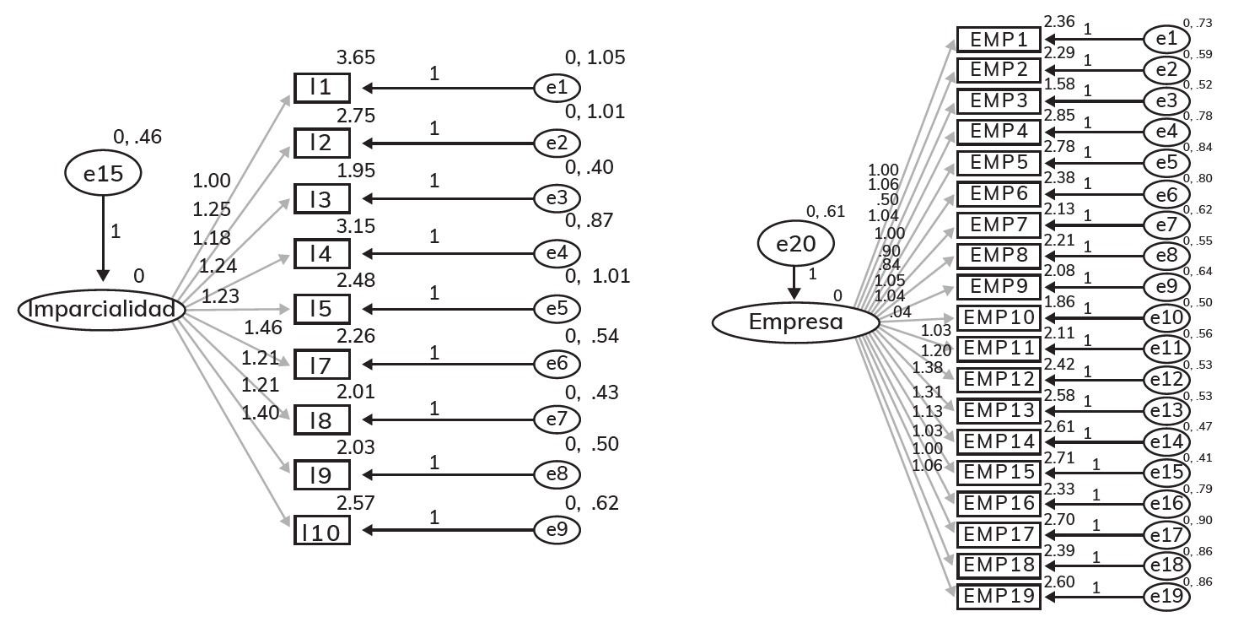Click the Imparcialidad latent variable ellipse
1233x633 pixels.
click(x=102, y=310)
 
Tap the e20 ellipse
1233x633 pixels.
click(x=795, y=244)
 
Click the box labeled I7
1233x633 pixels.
click(x=321, y=365)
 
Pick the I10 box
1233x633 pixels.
click(x=321, y=531)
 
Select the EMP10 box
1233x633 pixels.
click(x=999, y=317)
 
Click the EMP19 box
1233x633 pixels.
click(x=999, y=597)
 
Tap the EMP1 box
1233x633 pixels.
click(x=999, y=40)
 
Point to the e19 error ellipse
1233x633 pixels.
click(x=1166, y=597)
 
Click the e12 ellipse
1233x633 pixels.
click(x=1166, y=380)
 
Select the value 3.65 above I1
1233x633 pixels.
click(x=355, y=58)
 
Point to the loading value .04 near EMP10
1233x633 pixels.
click(x=901, y=311)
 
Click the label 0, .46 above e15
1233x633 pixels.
click(x=137, y=137)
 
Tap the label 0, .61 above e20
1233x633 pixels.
click(x=826, y=212)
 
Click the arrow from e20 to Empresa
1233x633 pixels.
click(x=794, y=279)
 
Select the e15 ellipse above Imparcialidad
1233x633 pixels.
click(x=103, y=174)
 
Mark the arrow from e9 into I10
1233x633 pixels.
click(x=447, y=531)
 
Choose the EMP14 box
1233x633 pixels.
click(x=999, y=441)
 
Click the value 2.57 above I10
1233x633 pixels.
click(x=355, y=503)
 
